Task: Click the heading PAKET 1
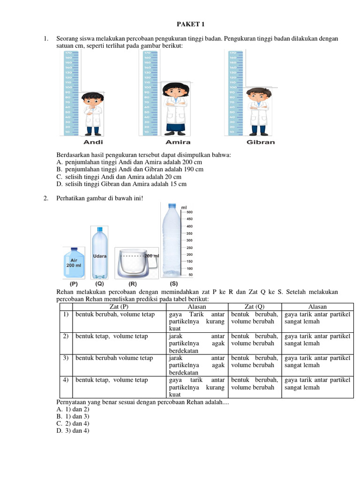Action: click(191, 24)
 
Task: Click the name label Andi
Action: click(93, 142)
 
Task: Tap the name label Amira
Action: click(178, 142)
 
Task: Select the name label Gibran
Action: click(261, 142)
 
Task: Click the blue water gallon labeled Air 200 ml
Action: click(74, 263)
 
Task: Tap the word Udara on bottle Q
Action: click(100, 256)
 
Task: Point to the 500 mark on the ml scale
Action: click(190, 212)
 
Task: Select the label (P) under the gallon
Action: click(74, 284)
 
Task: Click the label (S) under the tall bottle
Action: click(173, 284)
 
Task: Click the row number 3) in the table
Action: click(66, 358)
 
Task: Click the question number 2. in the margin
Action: click(46, 198)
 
